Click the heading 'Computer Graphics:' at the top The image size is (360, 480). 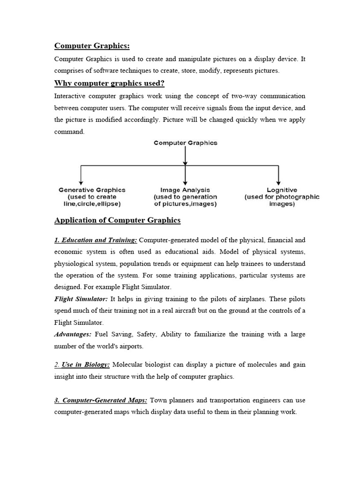(x=92, y=45)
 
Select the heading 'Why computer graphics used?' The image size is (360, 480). (x=109, y=83)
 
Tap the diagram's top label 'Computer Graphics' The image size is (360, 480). (x=186, y=143)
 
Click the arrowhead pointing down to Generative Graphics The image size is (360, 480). (x=82, y=182)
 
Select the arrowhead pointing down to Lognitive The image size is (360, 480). (x=279, y=182)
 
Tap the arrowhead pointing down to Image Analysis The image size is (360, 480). (x=186, y=182)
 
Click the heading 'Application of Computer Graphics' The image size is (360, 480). (x=117, y=220)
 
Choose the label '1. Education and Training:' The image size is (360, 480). (x=96, y=240)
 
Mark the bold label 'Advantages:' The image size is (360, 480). (x=73, y=334)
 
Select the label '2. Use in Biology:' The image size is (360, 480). (x=82, y=365)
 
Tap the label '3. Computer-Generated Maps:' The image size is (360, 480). (x=101, y=400)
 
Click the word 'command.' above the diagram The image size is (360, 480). (x=70, y=132)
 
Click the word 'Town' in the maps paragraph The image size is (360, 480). (x=158, y=400)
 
